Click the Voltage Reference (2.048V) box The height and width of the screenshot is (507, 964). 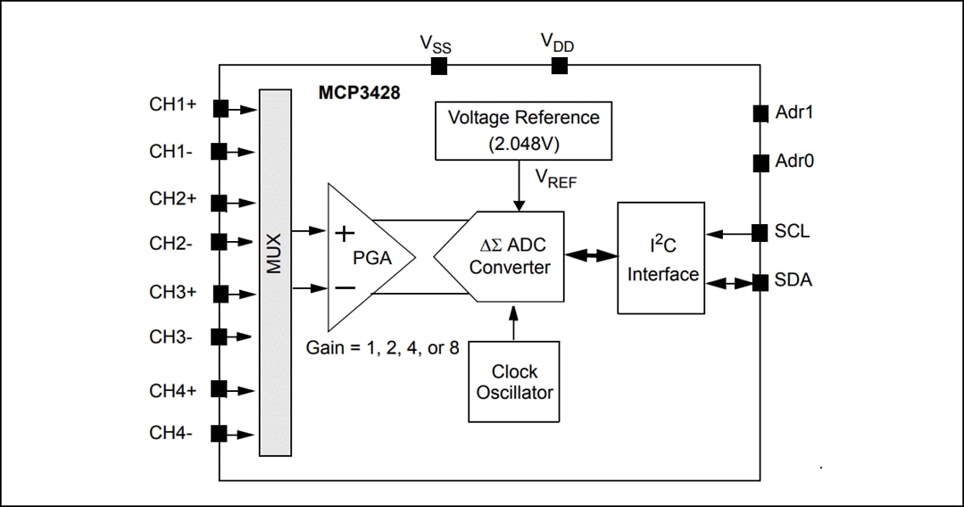(523, 130)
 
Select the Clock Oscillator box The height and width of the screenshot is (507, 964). (514, 381)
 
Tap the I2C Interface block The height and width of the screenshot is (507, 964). (661, 258)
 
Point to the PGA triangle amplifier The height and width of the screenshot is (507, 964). (366, 257)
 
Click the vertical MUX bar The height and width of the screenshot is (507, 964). (275, 272)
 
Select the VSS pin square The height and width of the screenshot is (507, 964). (439, 66)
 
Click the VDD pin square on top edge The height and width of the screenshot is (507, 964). (560, 66)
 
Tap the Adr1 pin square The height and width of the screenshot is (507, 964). (760, 113)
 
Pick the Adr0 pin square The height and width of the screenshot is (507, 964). (760, 162)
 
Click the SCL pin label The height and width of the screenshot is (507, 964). (793, 232)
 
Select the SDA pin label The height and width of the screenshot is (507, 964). (794, 281)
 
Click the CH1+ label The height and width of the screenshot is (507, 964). (172, 104)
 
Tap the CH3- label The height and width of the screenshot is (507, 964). (170, 337)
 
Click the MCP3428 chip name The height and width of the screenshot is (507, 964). (360, 93)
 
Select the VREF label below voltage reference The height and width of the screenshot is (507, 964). (556, 179)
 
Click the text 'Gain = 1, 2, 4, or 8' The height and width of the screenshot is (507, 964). (383, 347)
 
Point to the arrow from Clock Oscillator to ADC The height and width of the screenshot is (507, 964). (514, 322)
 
